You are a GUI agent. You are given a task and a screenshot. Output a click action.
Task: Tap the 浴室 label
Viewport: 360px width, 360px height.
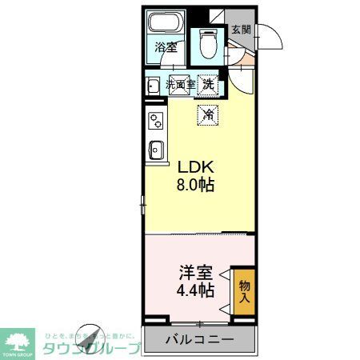pyautogui.click(x=166, y=47)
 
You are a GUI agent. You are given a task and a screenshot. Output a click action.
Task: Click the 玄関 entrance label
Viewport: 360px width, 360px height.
pyautogui.click(x=241, y=30)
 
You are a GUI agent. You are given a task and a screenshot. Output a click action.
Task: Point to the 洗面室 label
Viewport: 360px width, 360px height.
pyautogui.click(x=180, y=83)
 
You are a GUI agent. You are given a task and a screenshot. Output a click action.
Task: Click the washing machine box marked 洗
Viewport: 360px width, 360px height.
pyautogui.click(x=208, y=83)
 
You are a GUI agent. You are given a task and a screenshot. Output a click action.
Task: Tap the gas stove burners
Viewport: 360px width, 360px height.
pyautogui.click(x=154, y=121)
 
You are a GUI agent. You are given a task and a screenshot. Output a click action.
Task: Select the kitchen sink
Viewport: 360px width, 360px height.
pyautogui.click(x=155, y=150)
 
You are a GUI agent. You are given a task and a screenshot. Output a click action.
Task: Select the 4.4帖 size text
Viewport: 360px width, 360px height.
pyautogui.click(x=195, y=290)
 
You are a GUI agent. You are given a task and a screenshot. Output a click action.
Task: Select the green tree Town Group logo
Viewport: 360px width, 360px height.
pyautogui.click(x=18, y=340)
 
